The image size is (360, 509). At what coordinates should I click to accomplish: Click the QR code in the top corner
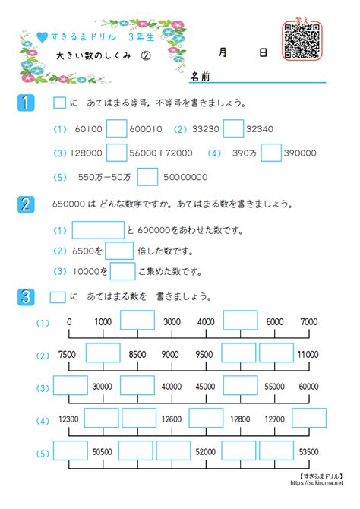click(x=302, y=40)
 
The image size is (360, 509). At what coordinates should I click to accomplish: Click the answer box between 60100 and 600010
click(x=116, y=130)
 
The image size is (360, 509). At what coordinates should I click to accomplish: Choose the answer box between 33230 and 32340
click(x=233, y=130)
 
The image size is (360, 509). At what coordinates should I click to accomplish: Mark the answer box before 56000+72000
click(x=116, y=153)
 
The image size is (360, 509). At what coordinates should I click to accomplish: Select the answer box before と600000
click(x=97, y=230)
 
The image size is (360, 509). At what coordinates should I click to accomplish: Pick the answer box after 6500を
click(x=119, y=251)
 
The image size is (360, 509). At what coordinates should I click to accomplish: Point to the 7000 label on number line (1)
click(x=309, y=322)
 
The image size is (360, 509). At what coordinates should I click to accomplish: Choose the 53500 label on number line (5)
click(x=310, y=451)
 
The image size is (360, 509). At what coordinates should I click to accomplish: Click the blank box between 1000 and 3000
click(x=137, y=321)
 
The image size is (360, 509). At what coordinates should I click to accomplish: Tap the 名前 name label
click(x=200, y=77)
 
